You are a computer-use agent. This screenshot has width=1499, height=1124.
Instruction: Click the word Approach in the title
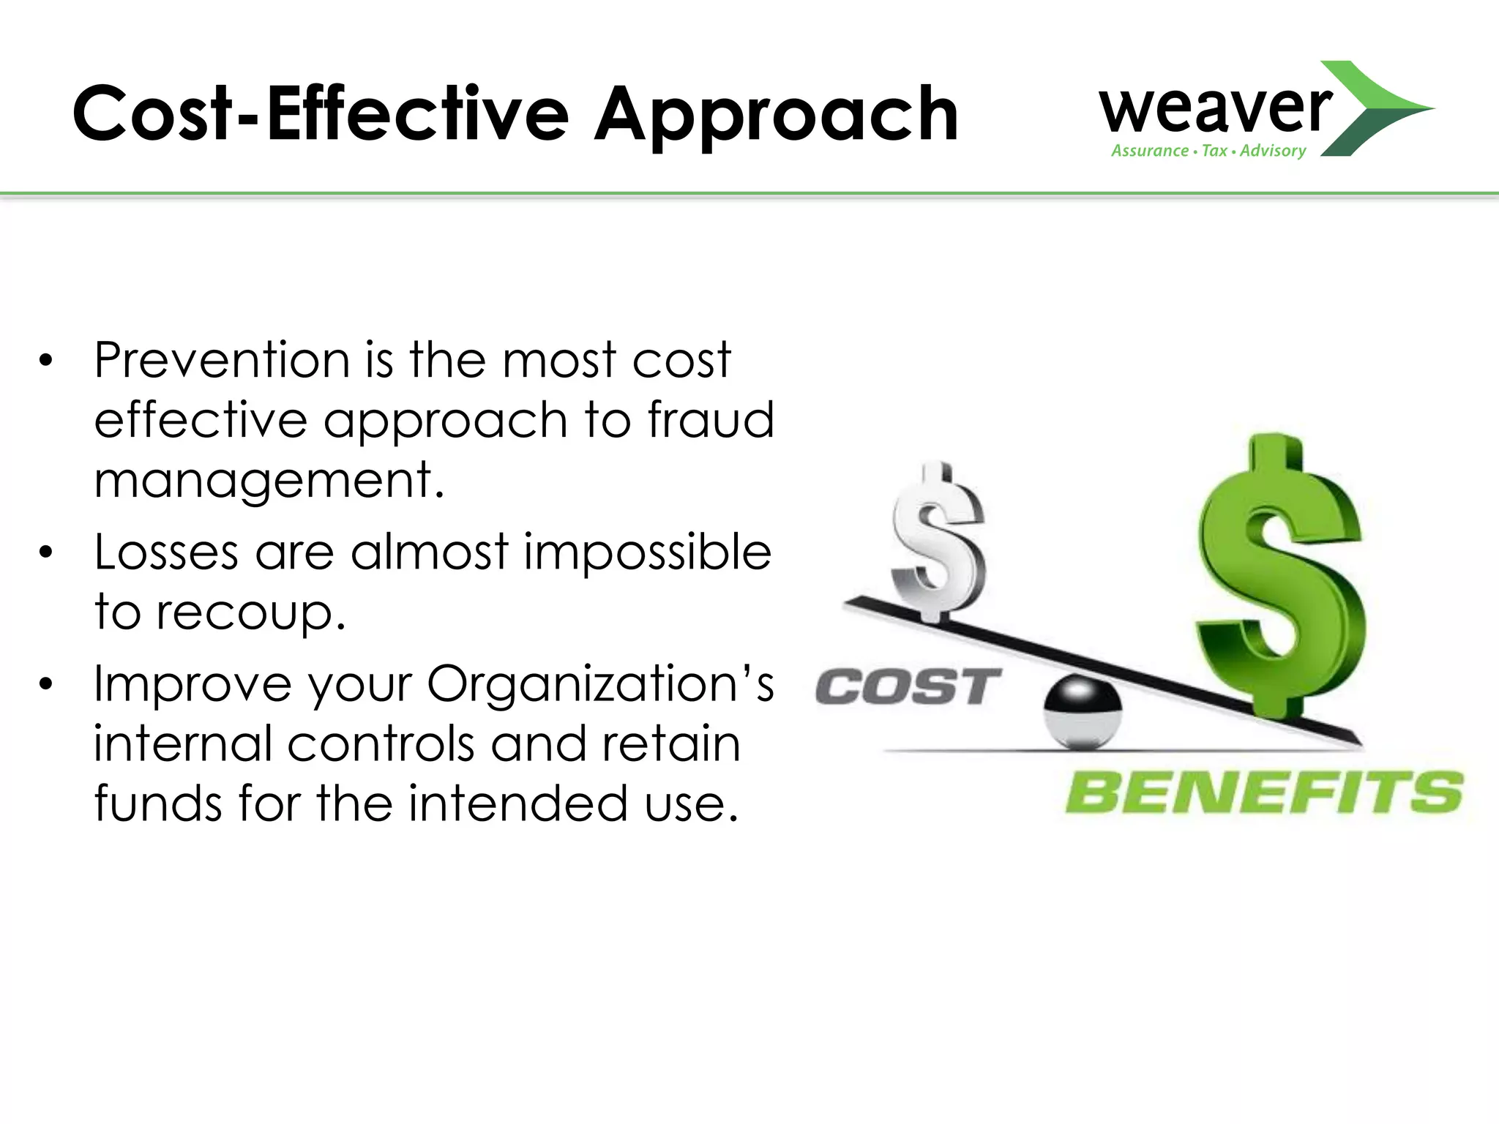click(776, 115)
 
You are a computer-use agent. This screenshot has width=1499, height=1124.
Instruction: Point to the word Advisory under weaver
click(1273, 151)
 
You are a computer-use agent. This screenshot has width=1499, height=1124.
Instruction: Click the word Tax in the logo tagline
click(1214, 151)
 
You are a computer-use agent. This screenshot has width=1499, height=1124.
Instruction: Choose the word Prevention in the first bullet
click(222, 360)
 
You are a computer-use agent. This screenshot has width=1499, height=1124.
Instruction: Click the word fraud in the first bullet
click(710, 420)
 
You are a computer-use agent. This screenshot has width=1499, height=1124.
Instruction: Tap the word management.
click(269, 480)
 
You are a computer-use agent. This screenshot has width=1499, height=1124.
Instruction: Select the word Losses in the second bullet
click(166, 552)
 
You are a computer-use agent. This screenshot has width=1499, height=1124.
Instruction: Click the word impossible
click(647, 552)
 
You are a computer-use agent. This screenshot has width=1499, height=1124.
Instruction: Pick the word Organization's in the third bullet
click(600, 684)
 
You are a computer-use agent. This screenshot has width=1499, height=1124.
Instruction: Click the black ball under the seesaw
click(1083, 711)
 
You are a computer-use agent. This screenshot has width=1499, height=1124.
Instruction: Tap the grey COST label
click(908, 687)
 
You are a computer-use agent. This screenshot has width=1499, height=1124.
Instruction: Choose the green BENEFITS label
click(1263, 793)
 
